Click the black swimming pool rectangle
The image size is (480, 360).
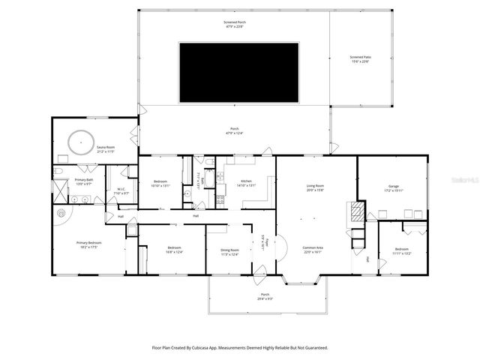pos(238,73)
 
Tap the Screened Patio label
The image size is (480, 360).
pos(360,57)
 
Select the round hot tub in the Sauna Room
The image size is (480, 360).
pos(79,140)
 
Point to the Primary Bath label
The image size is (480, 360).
pos(84,180)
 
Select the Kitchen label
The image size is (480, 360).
pos(245,181)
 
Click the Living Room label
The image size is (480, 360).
pos(314,185)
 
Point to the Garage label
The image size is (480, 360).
pos(394,186)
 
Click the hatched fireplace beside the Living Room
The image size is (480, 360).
pos(358,211)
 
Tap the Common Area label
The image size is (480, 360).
pos(313,248)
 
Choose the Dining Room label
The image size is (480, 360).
pos(229,250)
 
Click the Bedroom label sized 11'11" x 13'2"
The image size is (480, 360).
pos(402,249)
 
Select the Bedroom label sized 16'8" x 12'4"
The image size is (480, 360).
pos(174,247)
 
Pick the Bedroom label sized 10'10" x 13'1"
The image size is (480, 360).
pos(161,181)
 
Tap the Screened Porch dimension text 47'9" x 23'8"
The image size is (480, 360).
pos(235,26)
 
